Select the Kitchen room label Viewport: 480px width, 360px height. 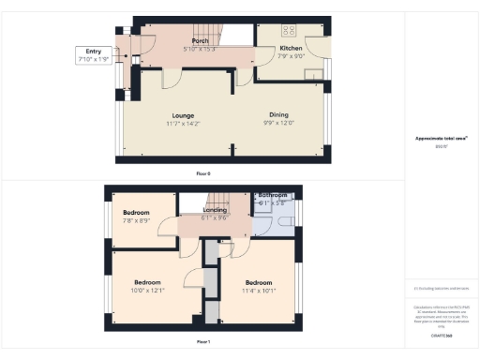(x=291, y=47)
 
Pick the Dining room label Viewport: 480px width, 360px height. (x=277, y=115)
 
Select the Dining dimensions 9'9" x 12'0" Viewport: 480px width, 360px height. (x=277, y=123)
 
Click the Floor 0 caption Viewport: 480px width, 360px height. (x=203, y=174)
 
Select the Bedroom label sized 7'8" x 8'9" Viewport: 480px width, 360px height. (x=137, y=213)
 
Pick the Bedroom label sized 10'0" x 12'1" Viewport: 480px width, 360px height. (x=148, y=283)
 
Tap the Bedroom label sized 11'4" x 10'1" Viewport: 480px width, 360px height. (x=259, y=283)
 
